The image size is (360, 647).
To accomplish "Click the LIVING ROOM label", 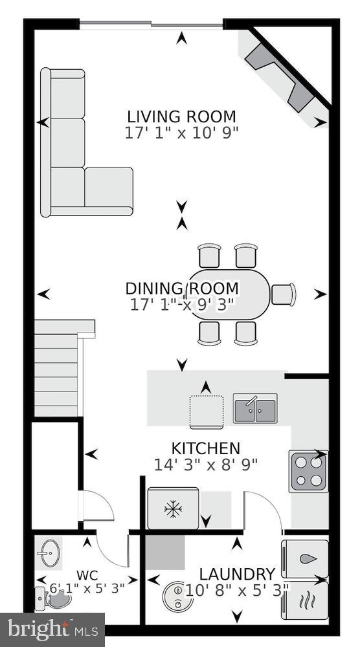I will pos(181,117).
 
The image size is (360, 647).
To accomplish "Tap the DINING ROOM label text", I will pos(182,289).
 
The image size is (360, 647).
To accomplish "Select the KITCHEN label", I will pos(205,448).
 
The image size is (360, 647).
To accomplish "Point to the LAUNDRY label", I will pos(236,574).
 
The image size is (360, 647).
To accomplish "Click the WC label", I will pos(87,575).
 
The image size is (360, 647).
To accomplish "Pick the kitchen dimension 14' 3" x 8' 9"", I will pos(205,464).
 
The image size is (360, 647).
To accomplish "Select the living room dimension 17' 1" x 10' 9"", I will pos(181,133).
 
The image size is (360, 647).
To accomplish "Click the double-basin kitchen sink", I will pos(255,408).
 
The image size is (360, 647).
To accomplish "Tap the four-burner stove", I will pos(308,472).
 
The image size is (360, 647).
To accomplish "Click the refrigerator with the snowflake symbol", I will pos(173,509).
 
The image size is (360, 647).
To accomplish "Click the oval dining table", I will pos(228,294).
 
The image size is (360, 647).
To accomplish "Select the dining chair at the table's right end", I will pos(283,294).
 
